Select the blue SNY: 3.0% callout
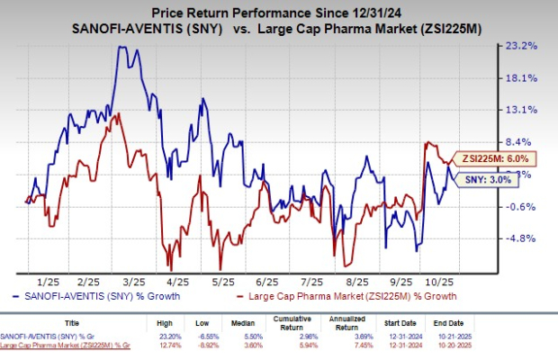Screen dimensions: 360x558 [492, 179]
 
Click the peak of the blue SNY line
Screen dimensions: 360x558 [121, 47]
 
